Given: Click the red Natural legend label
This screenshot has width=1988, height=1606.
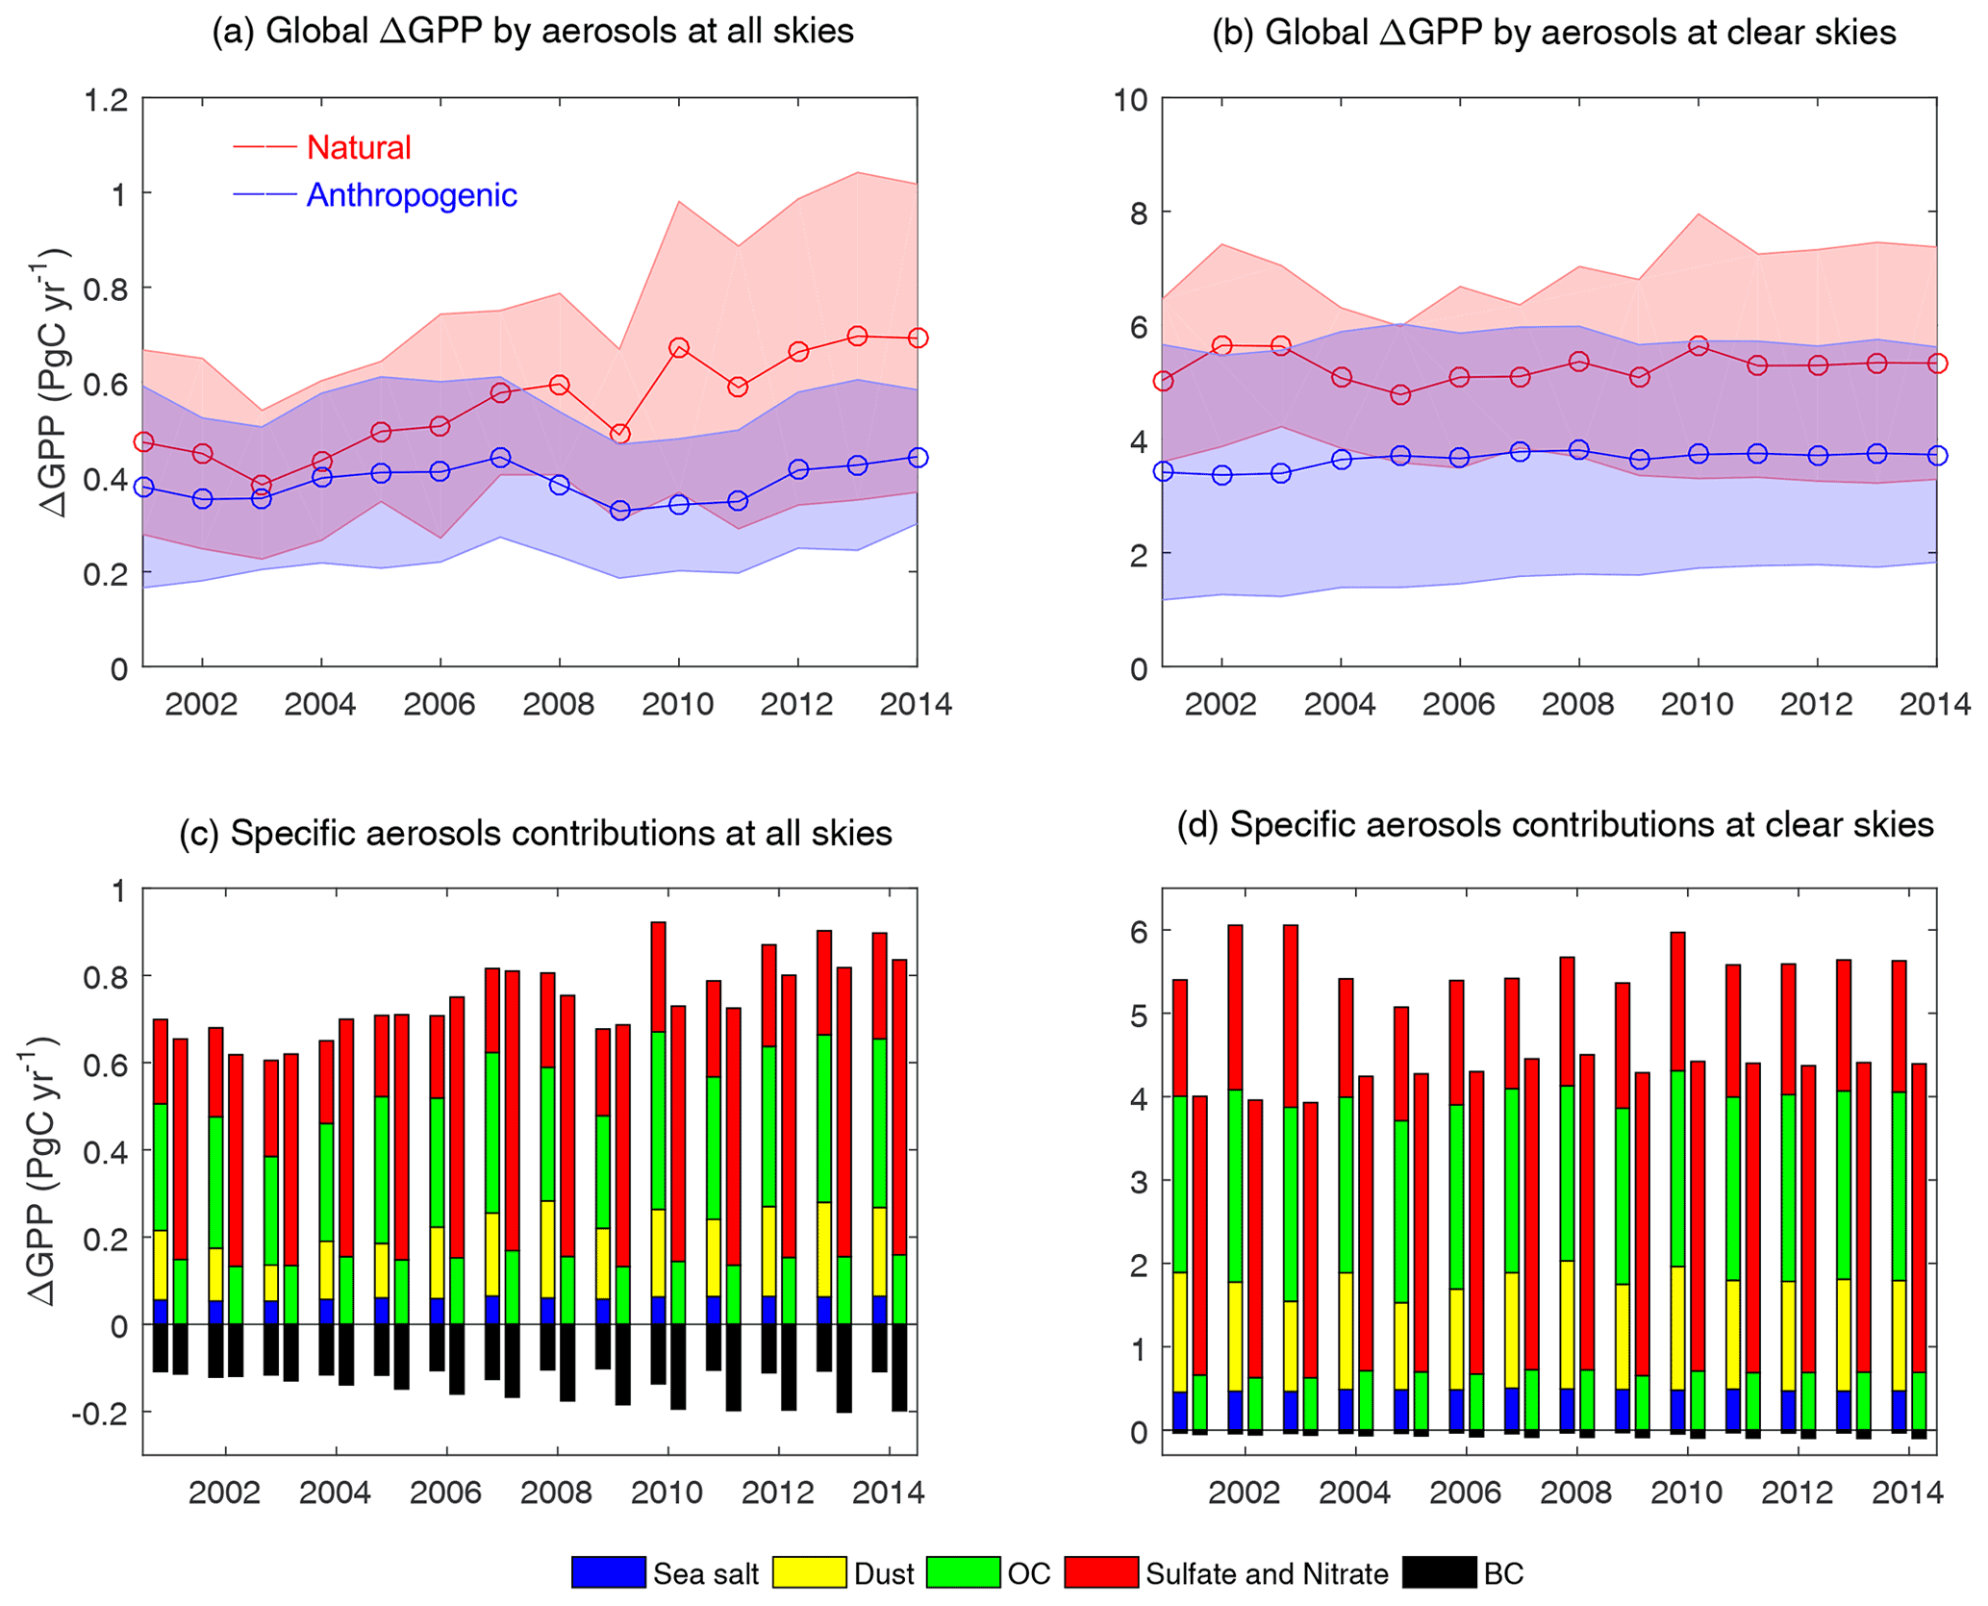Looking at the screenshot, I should (358, 147).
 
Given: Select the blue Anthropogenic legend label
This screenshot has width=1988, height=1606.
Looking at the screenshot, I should (411, 195).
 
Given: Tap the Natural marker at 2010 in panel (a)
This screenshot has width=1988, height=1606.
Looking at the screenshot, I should (679, 347).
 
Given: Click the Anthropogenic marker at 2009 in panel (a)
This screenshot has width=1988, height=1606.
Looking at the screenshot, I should (620, 510).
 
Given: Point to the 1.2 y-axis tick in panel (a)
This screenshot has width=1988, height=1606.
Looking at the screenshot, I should (106, 99).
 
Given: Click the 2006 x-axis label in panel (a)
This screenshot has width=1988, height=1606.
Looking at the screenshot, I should (440, 705).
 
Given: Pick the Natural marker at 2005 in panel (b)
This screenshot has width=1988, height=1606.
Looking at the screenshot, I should (1400, 394).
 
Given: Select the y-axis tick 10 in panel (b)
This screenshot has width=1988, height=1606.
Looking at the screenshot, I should (1130, 99).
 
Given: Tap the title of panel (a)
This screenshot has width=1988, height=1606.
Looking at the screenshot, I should (533, 32).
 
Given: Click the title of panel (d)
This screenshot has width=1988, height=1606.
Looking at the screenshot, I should (1554, 825).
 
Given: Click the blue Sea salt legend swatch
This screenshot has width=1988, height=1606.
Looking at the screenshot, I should (608, 1572).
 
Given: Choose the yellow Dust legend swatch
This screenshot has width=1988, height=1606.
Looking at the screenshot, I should (810, 1572).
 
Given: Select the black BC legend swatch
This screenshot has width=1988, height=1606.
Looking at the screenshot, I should (1439, 1572).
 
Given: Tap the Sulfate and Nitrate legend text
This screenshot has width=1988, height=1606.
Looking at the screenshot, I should (1267, 1574).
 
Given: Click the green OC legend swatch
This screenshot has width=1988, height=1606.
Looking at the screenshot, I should (963, 1572).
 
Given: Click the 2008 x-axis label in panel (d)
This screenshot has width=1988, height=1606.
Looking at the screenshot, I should (1575, 1493).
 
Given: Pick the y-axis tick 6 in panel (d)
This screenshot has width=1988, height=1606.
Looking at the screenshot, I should (1140, 931).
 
